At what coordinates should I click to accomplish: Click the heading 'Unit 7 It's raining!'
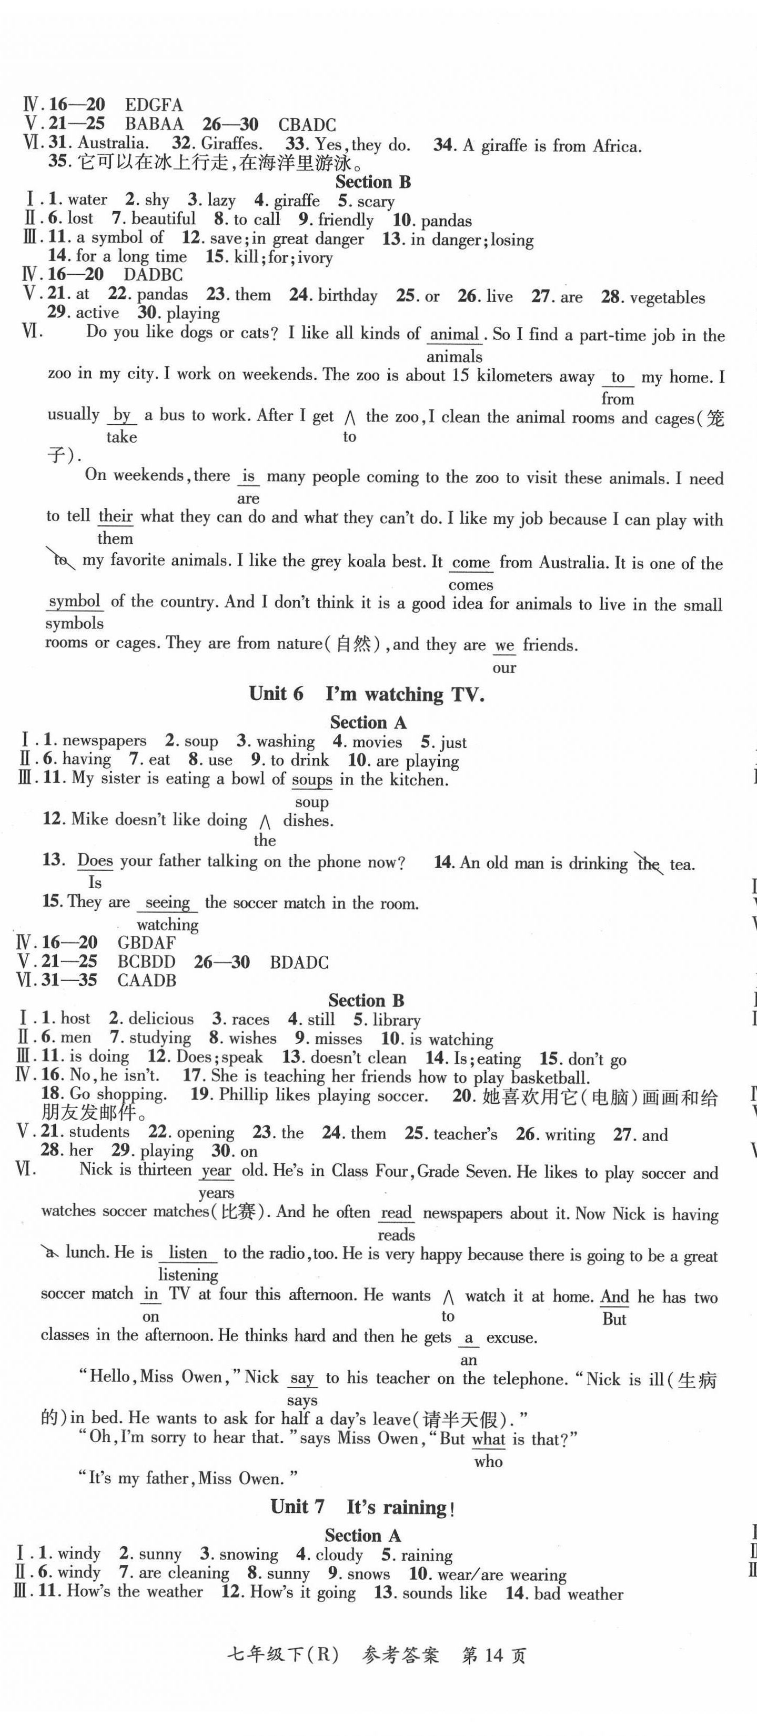363,1507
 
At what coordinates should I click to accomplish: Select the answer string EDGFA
154,105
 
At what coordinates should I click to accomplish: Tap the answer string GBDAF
146,943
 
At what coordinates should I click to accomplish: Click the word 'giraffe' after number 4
297,200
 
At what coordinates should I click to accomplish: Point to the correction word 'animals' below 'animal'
455,356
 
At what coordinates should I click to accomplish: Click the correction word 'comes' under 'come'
471,584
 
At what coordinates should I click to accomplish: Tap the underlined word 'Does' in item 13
95,861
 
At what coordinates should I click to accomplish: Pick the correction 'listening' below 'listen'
188,1274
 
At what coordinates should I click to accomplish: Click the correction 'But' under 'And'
614,1319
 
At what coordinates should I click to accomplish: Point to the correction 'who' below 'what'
488,1461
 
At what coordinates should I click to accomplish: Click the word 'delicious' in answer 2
161,1019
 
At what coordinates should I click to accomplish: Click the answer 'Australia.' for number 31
113,143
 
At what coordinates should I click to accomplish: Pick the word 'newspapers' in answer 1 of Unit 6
104,741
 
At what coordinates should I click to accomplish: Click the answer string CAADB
147,981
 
